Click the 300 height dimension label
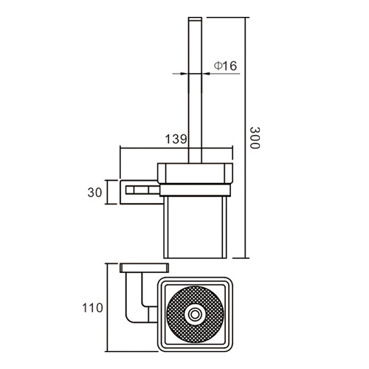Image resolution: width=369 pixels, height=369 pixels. point(255,138)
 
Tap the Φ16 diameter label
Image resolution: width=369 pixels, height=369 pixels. point(225,66)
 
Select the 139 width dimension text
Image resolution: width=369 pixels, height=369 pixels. point(176,139)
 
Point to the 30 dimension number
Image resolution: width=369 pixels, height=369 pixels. point(94,193)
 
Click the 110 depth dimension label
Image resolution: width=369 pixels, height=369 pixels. point(92,308)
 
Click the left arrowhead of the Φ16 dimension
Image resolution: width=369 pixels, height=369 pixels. point(185,73)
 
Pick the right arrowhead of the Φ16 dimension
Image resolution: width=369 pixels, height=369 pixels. point(206,73)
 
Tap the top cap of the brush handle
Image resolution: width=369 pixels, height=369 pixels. point(195,19)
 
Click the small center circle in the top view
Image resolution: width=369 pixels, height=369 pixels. point(195,314)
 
